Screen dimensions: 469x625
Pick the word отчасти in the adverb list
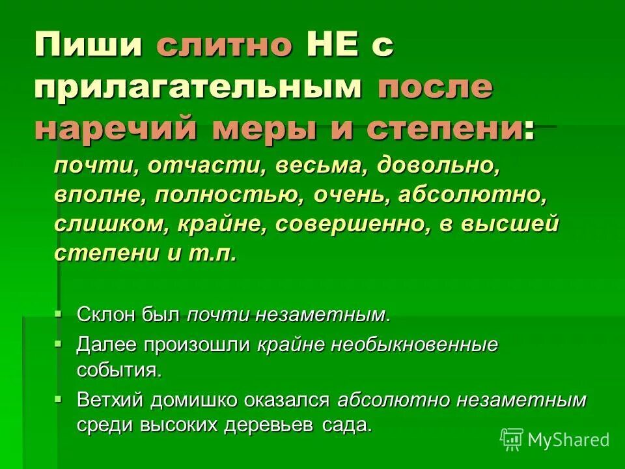(x=205, y=165)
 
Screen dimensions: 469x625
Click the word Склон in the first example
(x=106, y=315)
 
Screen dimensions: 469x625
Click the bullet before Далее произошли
(x=59, y=343)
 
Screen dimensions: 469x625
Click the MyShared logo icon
(x=512, y=440)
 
